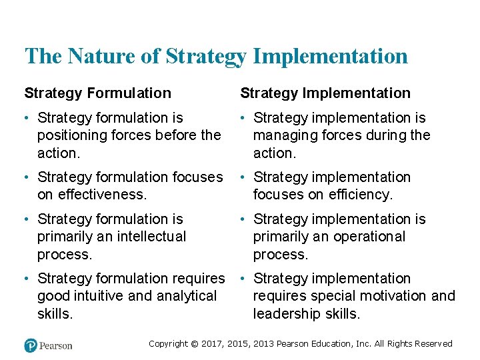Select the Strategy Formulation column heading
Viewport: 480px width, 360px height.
(x=97, y=93)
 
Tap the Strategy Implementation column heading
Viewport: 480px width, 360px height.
(x=325, y=93)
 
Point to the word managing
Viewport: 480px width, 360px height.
(x=285, y=135)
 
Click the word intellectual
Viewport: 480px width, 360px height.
(x=147, y=237)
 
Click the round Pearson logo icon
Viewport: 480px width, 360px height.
(x=31, y=345)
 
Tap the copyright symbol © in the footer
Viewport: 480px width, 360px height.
(x=194, y=344)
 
